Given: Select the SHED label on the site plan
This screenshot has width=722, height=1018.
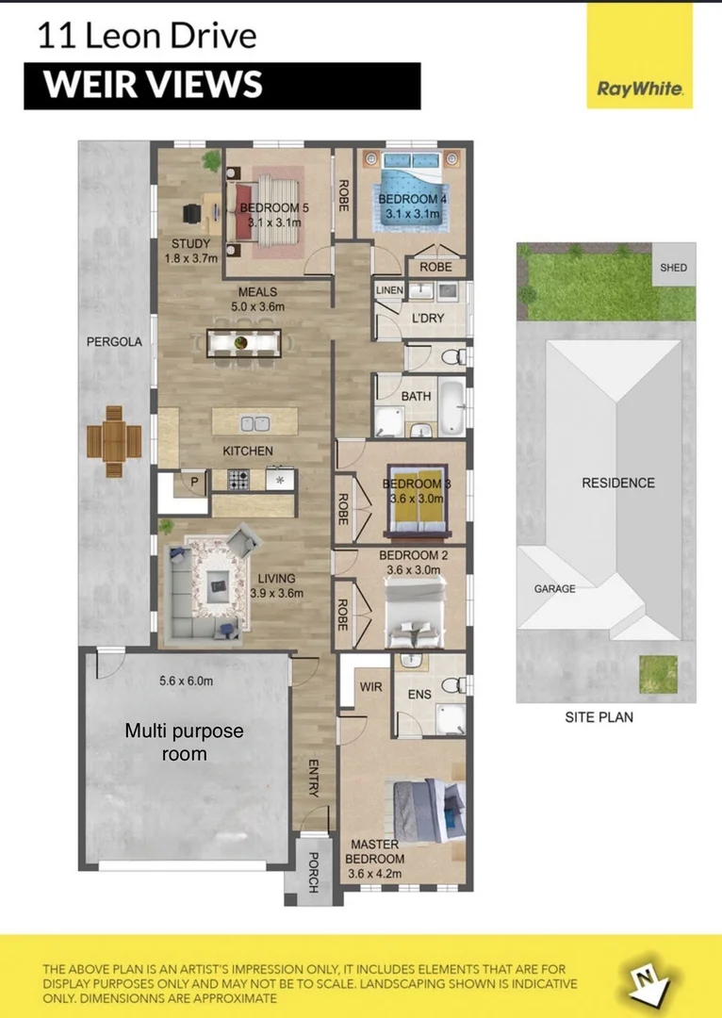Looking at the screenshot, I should [x=674, y=268].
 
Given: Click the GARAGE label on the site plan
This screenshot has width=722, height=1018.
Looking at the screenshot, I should [x=555, y=588].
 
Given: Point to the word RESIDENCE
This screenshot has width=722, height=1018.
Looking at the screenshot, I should [x=617, y=483].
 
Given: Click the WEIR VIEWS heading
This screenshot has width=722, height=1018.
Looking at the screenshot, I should [x=153, y=85].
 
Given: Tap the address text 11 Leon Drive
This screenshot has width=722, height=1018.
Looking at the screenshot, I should [x=146, y=37].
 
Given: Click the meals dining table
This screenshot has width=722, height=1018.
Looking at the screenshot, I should [x=243, y=341].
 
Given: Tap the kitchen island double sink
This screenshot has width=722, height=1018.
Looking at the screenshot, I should [x=254, y=424].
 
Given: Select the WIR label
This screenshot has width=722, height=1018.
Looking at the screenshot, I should [x=370, y=687].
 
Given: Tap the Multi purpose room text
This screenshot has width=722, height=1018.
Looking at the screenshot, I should [x=185, y=742].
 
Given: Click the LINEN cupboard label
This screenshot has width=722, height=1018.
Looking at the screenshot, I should [x=388, y=290].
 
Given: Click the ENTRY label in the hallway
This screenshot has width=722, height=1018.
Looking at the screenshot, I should [x=314, y=778].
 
